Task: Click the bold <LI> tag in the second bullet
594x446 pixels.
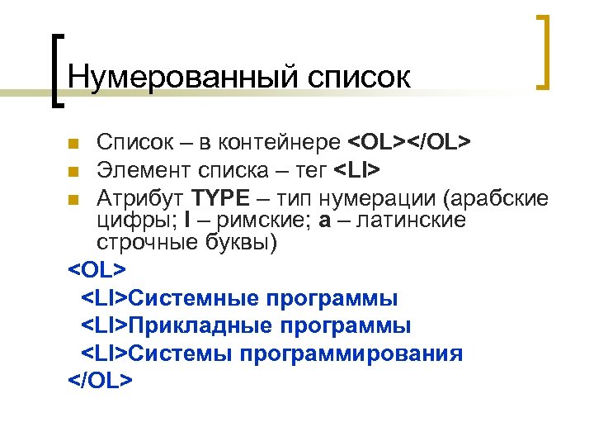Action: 356,171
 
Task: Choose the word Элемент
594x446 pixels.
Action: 142,171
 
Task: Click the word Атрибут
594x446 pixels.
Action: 140,198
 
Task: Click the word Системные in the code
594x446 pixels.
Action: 192,298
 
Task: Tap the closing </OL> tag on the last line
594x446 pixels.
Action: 99,380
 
